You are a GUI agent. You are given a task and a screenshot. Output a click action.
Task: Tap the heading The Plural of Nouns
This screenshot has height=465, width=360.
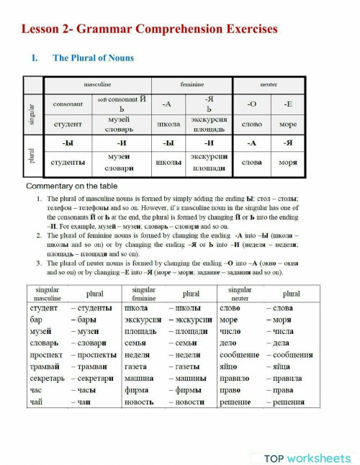tap(93, 58)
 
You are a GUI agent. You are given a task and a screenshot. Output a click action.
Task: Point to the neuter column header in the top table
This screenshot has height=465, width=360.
tap(269, 84)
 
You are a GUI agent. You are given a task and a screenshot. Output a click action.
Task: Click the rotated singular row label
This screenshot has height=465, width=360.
tap(32, 113)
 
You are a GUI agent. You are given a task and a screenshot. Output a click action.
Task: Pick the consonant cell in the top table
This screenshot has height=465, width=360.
tap(68, 104)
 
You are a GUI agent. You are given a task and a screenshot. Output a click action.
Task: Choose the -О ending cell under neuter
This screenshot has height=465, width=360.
tap(251, 104)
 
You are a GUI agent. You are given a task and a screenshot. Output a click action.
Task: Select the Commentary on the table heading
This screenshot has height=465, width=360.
tap(70, 187)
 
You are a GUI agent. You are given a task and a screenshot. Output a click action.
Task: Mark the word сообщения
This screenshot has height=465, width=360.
tap(292, 355)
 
